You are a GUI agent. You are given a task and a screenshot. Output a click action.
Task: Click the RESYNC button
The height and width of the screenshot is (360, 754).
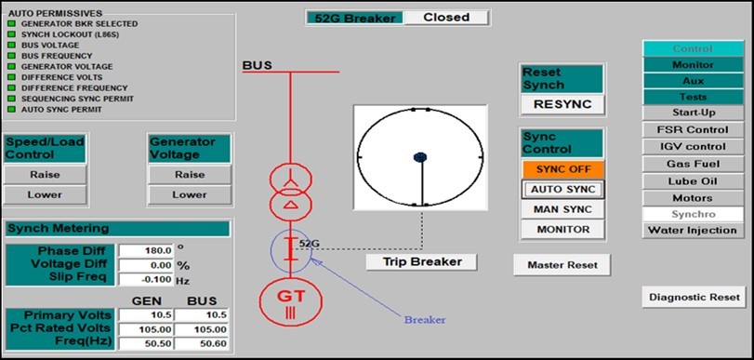coord(562,104)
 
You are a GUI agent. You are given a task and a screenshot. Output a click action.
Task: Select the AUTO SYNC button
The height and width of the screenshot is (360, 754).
coord(562,189)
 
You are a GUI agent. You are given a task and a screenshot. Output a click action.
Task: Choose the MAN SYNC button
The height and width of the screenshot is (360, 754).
coord(562,208)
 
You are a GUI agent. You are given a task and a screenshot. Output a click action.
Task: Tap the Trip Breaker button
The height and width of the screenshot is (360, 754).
coord(422,261)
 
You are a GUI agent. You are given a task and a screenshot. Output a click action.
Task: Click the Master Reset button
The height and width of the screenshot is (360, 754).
coord(562,264)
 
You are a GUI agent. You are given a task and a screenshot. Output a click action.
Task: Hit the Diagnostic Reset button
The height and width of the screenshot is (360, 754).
coord(693,297)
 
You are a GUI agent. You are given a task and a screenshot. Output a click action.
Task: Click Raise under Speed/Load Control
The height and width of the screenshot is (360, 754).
coord(45,174)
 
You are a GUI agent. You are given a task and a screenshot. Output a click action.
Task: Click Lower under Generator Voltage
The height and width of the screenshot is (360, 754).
coord(190,194)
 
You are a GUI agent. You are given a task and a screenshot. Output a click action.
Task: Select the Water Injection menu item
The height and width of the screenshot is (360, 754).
coord(692,230)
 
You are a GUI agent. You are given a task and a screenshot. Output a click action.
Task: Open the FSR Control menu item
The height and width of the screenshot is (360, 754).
coord(692,129)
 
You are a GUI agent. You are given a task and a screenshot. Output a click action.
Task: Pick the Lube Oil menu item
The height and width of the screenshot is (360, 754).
coord(692,180)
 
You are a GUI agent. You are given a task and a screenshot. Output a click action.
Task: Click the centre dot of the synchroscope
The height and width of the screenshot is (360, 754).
coord(419,157)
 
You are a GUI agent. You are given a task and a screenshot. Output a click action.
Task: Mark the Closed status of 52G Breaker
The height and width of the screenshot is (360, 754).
coord(445,17)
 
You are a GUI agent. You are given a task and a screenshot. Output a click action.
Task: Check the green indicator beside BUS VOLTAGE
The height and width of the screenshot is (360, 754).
coord(11,45)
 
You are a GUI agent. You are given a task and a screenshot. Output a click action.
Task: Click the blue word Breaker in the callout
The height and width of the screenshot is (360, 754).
coord(424,320)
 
